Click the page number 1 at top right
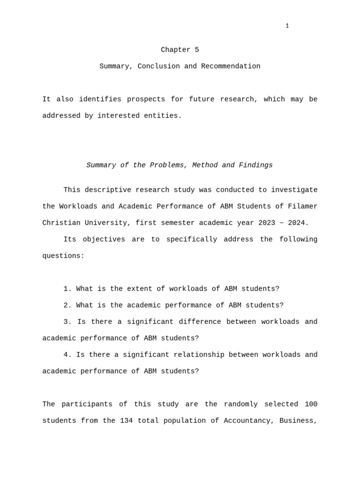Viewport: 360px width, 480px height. pos(287,26)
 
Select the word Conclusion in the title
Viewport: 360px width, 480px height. pos(158,66)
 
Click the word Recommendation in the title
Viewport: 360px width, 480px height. pos(231,66)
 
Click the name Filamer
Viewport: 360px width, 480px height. pos(303,206)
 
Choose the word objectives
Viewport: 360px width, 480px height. pos(104,239)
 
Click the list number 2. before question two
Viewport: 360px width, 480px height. pos(67,305)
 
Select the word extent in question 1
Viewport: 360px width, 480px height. pos(140,289)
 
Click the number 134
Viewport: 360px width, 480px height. pos(126,420)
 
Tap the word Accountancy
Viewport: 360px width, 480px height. pos(249,420)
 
